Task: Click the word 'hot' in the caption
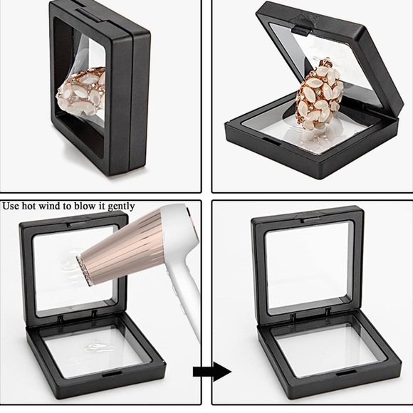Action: tap(29, 206)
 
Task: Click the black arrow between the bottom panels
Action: tap(212, 372)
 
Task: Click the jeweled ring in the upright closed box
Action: tap(82, 92)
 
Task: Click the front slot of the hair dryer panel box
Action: tap(111, 375)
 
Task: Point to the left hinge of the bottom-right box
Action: tap(293, 318)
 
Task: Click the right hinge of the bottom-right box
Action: tap(328, 313)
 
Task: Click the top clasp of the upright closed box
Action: tap(88, 15)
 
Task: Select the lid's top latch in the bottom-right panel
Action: tap(313, 220)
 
